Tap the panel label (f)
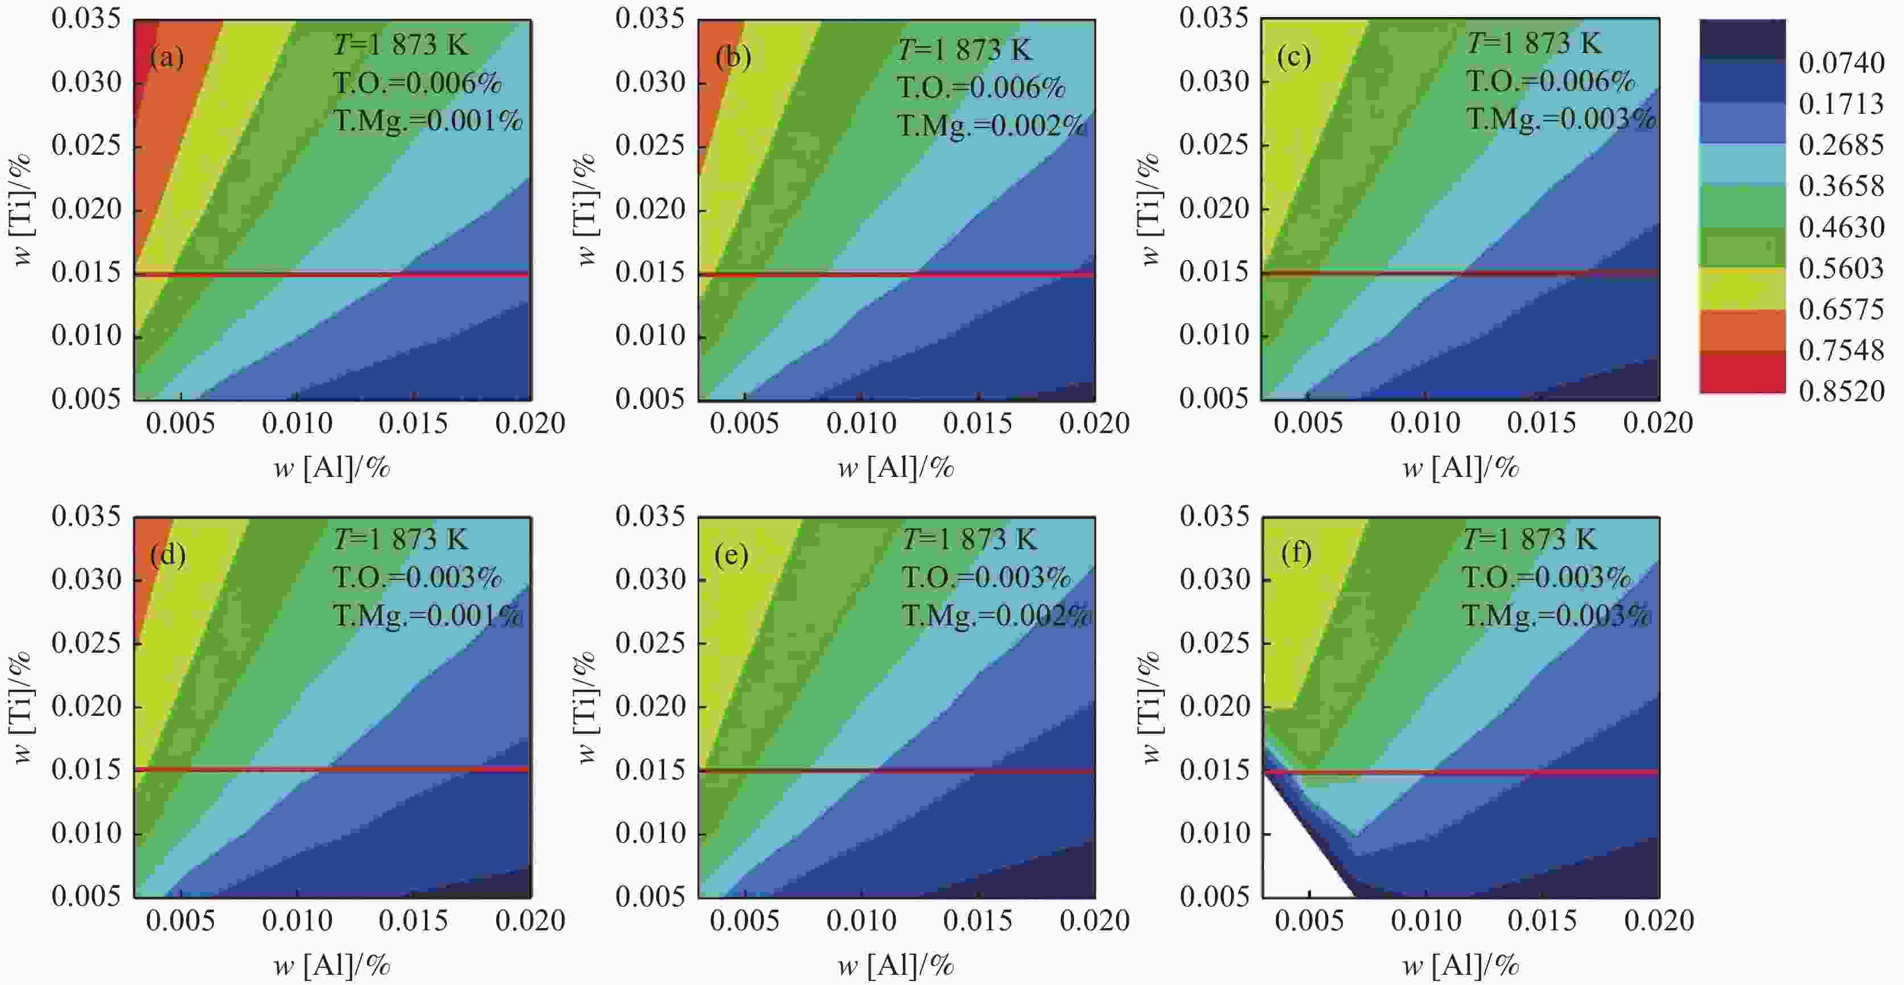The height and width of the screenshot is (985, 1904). (1296, 553)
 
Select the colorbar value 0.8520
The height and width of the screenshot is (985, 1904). (1841, 391)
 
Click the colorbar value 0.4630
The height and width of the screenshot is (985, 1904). (1841, 227)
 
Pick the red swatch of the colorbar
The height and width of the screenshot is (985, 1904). (1742, 372)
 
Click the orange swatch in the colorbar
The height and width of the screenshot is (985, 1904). (1742, 330)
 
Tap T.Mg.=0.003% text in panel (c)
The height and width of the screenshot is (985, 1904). (1560, 118)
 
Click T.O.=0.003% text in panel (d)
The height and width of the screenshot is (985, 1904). (417, 577)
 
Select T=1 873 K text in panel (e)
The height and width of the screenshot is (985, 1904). (969, 539)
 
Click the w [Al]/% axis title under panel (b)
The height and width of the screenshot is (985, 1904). (895, 468)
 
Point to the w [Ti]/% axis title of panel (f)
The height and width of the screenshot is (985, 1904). (1150, 707)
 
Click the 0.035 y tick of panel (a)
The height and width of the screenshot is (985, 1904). (86, 18)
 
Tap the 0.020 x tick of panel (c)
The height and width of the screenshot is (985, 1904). (1657, 423)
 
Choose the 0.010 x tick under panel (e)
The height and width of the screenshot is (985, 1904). (861, 921)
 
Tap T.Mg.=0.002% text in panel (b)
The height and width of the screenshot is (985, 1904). (991, 126)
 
